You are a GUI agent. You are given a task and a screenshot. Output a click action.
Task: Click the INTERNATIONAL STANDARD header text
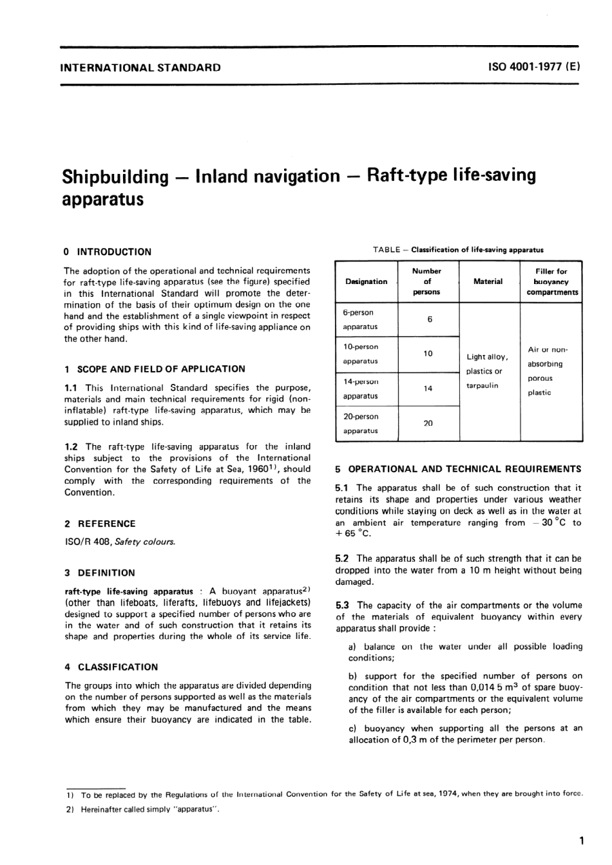pos(140,67)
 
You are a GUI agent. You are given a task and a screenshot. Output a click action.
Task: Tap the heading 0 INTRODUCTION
pos(108,252)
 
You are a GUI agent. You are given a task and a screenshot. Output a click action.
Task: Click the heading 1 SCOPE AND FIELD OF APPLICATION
pos(155,369)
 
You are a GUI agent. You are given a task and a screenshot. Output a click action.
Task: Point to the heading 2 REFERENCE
pos(100,524)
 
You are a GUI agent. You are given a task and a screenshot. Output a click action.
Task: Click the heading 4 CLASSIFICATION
pos(111,667)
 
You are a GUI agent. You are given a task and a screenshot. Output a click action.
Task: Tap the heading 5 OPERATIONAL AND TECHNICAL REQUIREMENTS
pos(458,469)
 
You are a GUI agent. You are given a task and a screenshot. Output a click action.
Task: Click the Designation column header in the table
pos(366,281)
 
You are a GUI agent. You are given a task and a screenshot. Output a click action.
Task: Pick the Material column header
pos(488,281)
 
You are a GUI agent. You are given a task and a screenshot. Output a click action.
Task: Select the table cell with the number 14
pos(428,388)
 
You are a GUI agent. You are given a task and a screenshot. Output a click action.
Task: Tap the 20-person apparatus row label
pos(360,424)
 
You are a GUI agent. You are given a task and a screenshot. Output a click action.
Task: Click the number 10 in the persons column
pos(428,354)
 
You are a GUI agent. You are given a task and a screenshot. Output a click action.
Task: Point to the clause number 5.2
pos(343,558)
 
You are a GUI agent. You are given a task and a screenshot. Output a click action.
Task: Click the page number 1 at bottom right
pos(581,840)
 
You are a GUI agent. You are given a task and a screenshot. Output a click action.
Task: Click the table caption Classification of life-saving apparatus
pos(477,249)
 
